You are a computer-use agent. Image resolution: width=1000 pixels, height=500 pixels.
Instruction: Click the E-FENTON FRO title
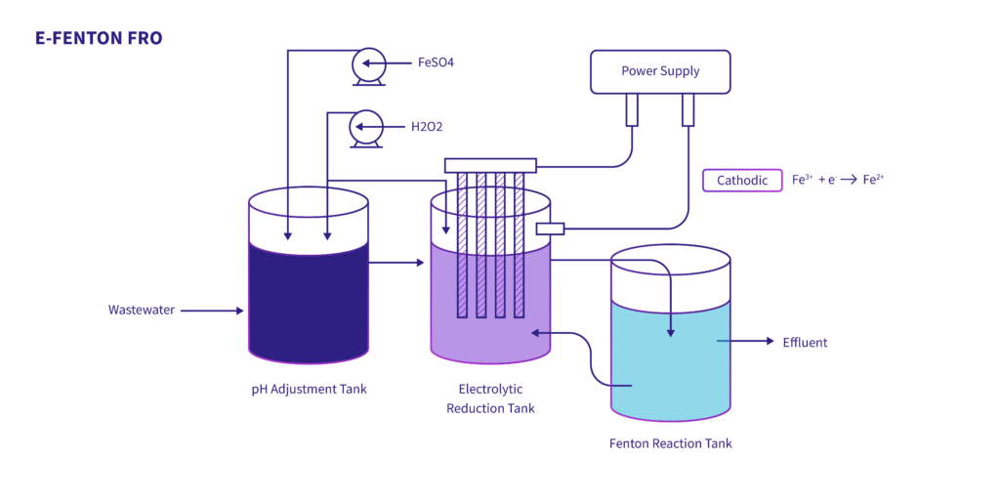[x=99, y=38]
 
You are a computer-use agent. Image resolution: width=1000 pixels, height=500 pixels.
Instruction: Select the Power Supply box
[x=660, y=71]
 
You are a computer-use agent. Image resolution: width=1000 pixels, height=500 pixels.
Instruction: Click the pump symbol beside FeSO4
[x=367, y=64]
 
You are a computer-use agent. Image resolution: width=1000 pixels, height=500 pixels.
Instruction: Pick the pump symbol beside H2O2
[x=366, y=127]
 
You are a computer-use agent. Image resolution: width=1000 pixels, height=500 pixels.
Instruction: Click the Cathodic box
[x=742, y=181]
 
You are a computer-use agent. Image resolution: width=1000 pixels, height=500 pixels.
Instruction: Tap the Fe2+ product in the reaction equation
[x=873, y=181]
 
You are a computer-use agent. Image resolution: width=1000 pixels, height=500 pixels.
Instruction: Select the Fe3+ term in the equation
[x=803, y=181]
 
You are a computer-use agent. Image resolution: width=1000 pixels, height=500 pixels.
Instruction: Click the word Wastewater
[x=142, y=311]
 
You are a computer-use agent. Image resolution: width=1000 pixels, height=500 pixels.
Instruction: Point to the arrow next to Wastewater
[x=212, y=311]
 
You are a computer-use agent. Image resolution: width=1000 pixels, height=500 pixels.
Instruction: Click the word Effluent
[x=805, y=342]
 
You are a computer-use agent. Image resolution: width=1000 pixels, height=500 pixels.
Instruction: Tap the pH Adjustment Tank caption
[x=309, y=390]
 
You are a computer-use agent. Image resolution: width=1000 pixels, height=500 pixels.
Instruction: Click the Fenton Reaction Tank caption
[x=670, y=443]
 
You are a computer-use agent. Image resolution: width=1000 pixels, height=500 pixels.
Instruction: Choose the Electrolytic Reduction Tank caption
[x=490, y=398]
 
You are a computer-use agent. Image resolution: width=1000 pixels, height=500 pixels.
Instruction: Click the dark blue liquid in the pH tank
[x=309, y=298]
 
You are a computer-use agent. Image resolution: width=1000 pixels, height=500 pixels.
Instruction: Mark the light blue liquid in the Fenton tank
[x=670, y=361]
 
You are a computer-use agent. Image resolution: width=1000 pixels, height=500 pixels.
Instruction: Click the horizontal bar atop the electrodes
[x=490, y=165]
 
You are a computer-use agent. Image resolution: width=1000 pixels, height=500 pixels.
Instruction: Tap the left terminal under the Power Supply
[x=632, y=109]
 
